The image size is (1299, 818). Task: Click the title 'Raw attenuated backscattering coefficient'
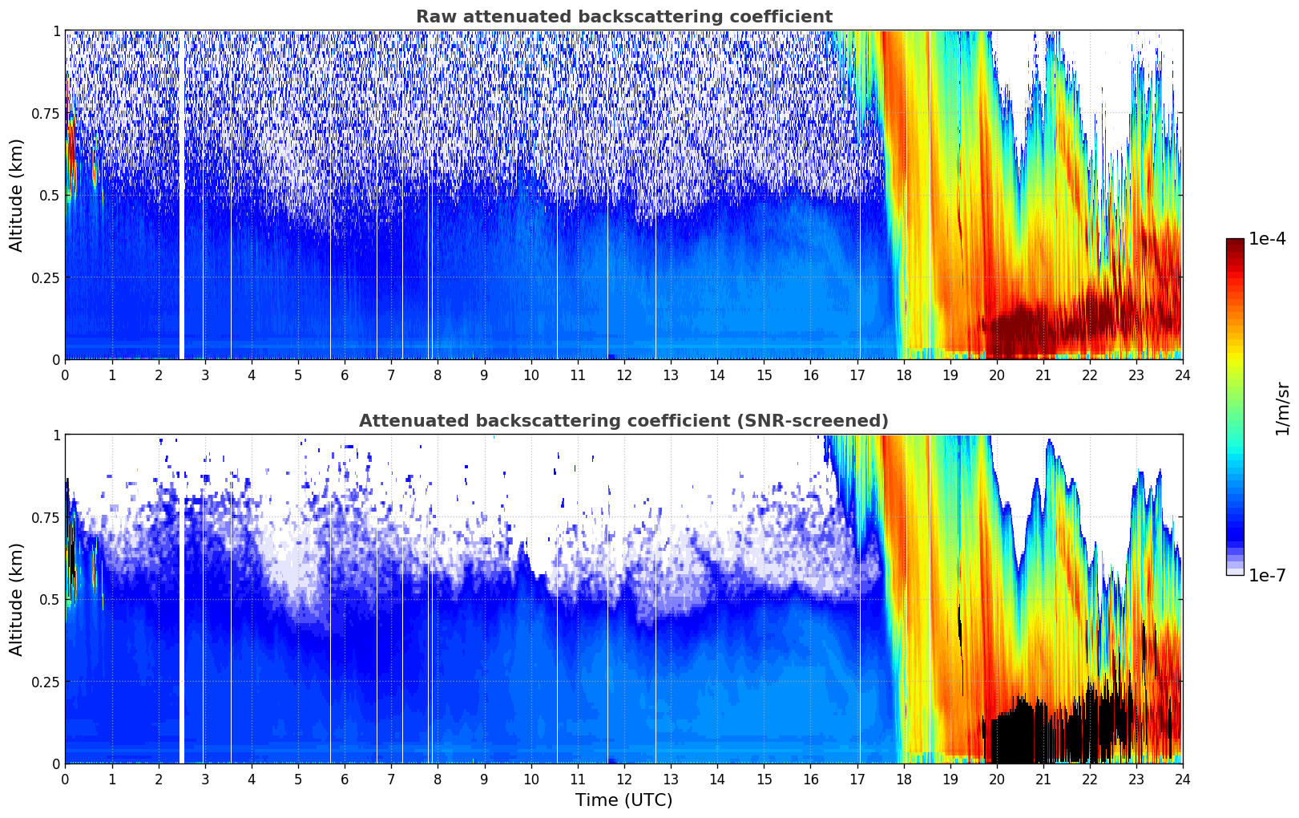(623, 17)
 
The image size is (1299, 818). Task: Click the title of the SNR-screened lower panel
(623, 421)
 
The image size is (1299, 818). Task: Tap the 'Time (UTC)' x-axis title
(623, 800)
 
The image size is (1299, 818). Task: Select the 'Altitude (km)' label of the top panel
(17, 195)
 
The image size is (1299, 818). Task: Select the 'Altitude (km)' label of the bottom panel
(17, 599)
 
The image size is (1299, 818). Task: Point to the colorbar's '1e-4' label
(1267, 239)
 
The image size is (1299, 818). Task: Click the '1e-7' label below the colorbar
(1267, 575)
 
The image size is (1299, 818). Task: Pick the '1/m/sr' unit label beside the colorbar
(1282, 407)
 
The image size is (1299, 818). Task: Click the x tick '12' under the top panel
(624, 375)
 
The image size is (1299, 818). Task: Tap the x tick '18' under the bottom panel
(904, 780)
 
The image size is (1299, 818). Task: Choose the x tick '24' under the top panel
(1183, 375)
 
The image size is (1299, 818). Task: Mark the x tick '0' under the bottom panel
(65, 780)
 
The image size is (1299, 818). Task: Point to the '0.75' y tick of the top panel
(44, 113)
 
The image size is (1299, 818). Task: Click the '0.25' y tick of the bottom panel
(44, 682)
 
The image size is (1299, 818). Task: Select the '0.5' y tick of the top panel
(49, 196)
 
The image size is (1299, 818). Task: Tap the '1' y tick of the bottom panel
(56, 435)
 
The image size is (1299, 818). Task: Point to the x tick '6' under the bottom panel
(345, 780)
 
